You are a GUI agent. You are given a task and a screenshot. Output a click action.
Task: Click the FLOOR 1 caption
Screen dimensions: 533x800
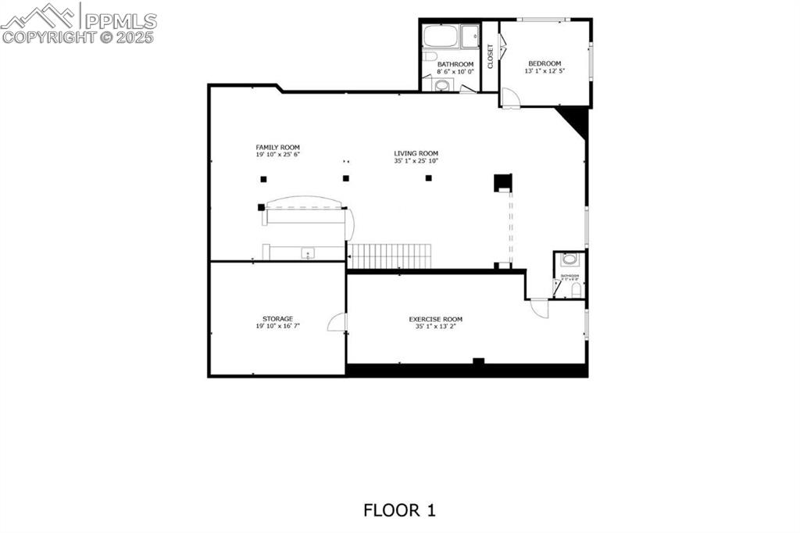[x=399, y=510]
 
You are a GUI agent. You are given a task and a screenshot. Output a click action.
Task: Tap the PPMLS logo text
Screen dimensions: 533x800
[x=121, y=20]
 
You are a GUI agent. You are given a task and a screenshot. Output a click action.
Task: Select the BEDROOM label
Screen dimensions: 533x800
[x=544, y=63]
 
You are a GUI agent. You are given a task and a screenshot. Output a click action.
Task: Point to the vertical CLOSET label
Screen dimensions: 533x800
[x=491, y=55]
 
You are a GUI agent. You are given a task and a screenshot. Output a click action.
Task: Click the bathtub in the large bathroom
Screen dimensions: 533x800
[x=441, y=37]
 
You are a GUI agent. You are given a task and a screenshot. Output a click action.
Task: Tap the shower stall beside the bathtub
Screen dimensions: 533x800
[x=470, y=37]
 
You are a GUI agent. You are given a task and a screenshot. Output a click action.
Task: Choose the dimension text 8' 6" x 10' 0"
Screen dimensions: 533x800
[x=455, y=71]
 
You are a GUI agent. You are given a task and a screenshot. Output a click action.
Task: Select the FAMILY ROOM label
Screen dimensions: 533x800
[x=277, y=147]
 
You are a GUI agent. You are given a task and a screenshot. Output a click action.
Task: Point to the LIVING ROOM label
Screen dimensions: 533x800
[x=416, y=153]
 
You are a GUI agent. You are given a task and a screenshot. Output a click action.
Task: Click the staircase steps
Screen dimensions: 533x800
[x=389, y=256]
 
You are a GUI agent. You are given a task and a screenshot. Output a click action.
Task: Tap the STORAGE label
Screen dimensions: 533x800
[x=277, y=319]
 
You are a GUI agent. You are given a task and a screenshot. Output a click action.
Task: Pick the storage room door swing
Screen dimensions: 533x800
[x=337, y=322]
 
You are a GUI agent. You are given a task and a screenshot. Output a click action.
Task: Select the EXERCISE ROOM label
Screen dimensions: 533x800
[x=435, y=319]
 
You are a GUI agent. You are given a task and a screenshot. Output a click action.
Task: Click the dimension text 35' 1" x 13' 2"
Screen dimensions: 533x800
[x=435, y=327]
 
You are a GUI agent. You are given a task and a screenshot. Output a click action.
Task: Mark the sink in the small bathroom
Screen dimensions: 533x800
[x=570, y=259]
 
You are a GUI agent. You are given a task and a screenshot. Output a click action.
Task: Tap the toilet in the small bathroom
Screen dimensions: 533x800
[x=576, y=290]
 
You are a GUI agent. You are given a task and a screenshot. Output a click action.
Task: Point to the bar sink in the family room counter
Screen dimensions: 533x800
[x=308, y=253]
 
